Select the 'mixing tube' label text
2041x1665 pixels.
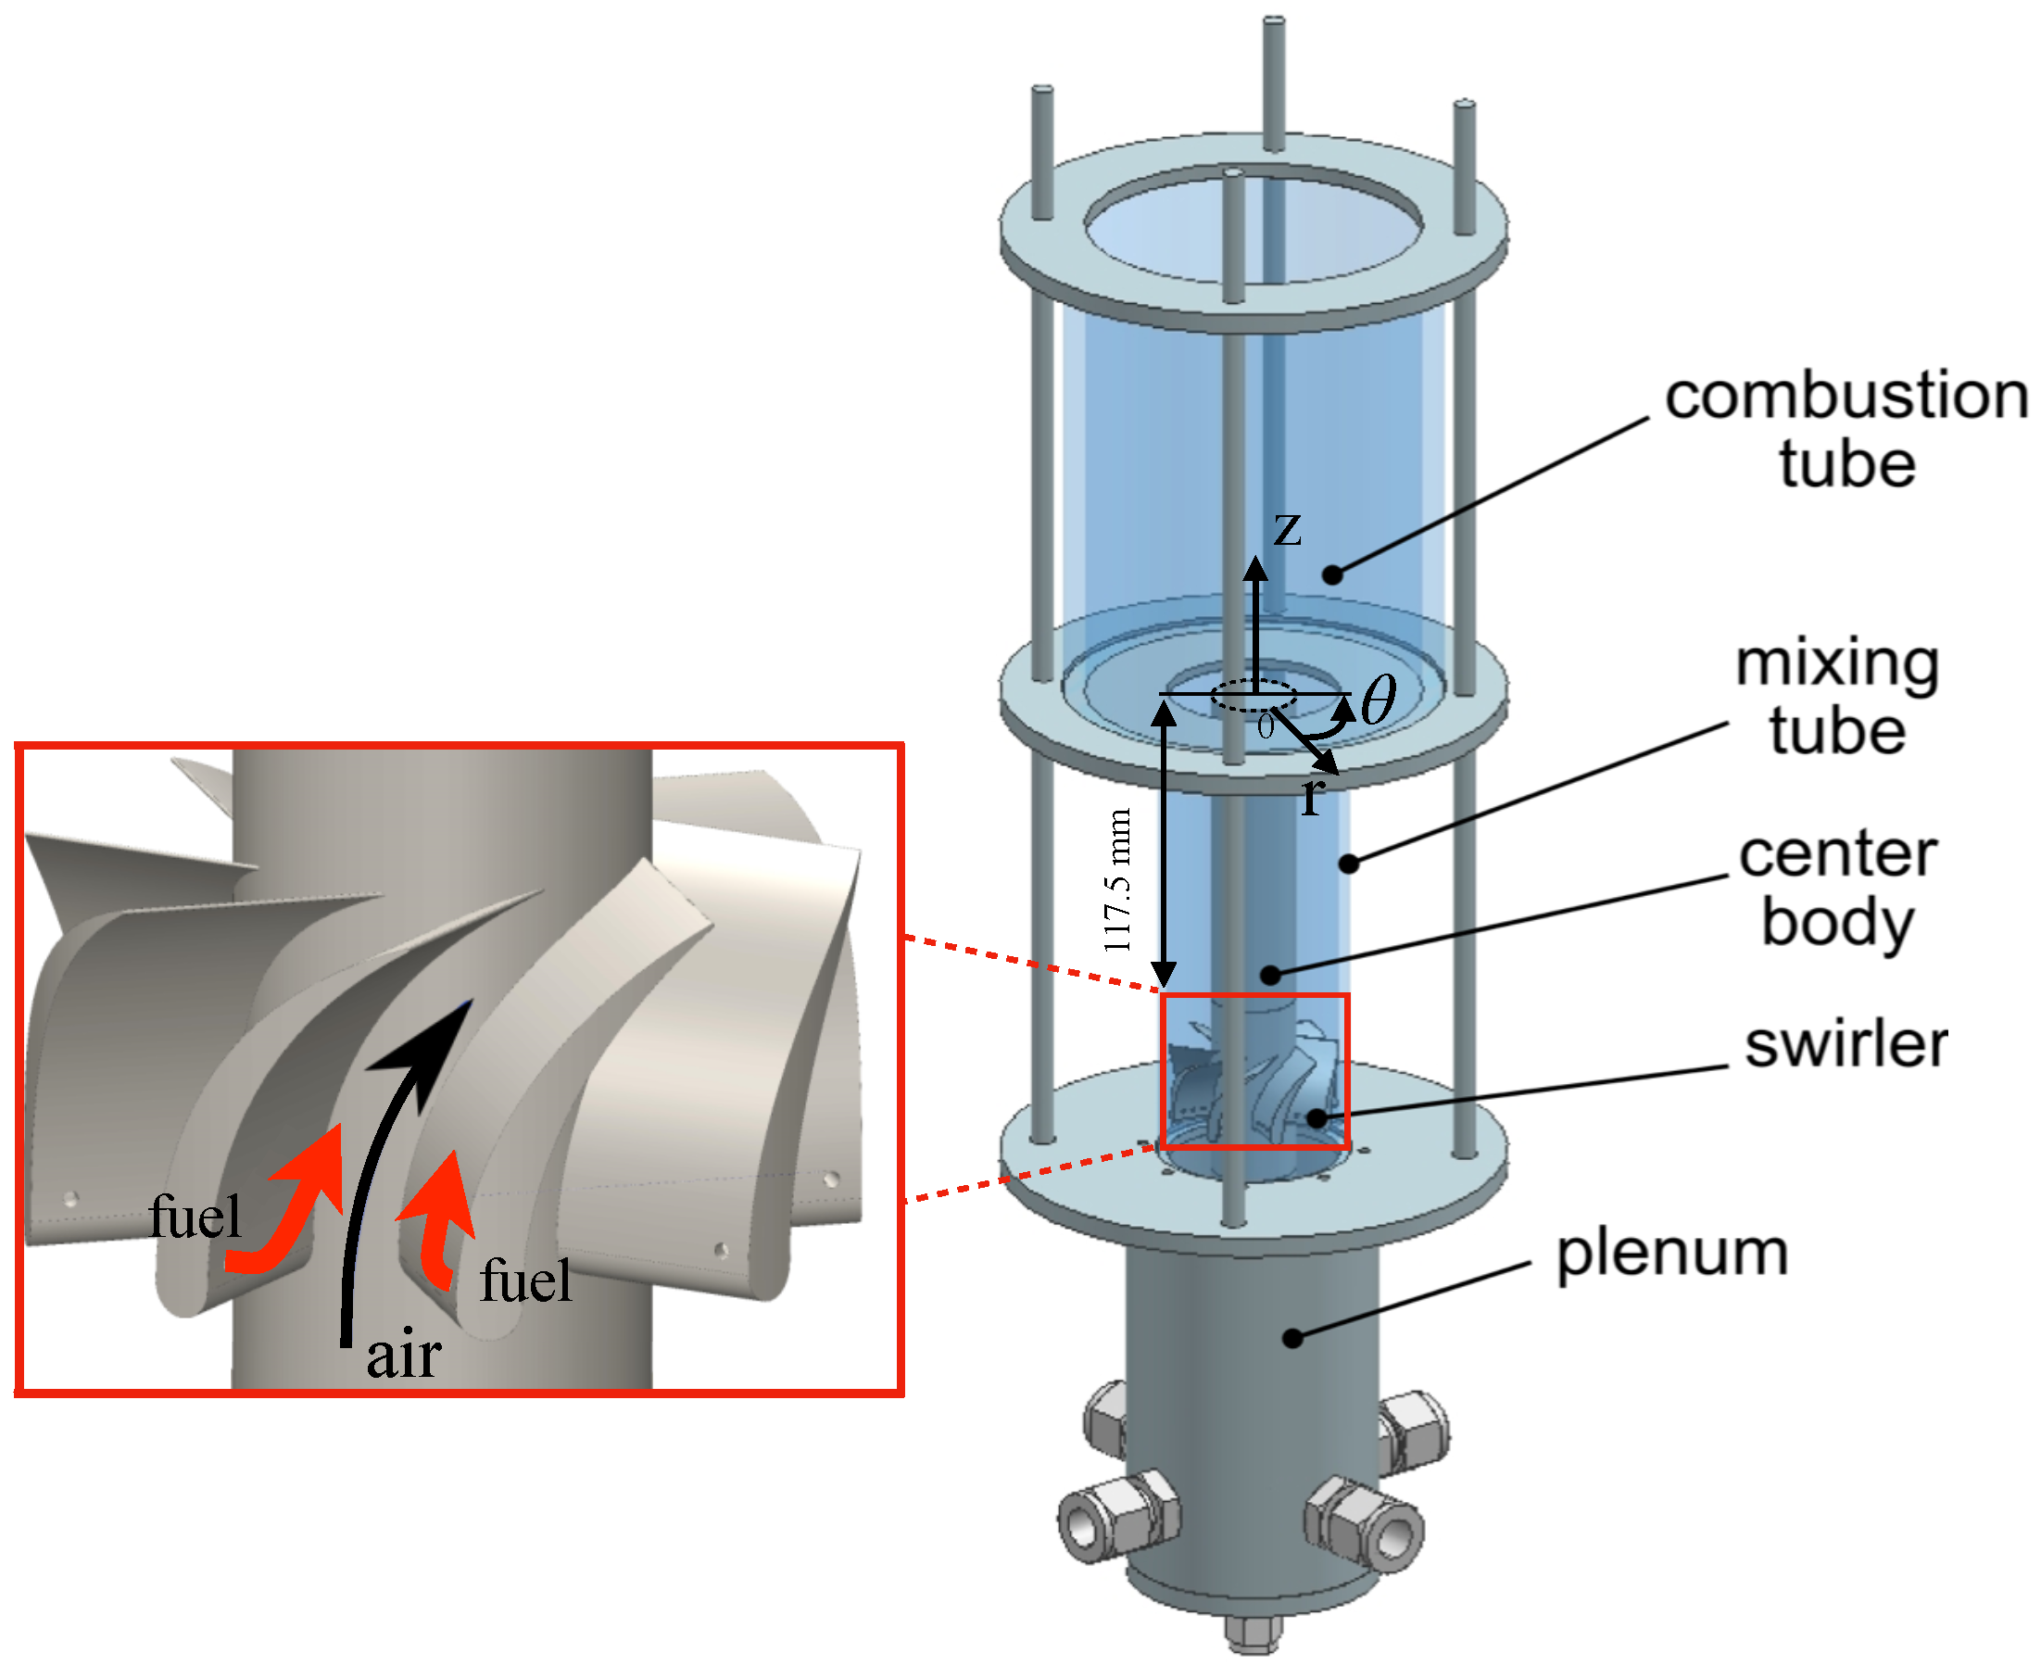(x=1836, y=698)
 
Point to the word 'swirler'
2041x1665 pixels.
(x=1846, y=1044)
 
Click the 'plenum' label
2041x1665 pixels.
(x=1671, y=1254)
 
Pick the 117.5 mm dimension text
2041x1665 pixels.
(x=1118, y=881)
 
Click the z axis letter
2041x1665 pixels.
(x=1287, y=528)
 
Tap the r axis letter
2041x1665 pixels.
(x=1312, y=796)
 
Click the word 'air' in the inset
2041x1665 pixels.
(x=404, y=1356)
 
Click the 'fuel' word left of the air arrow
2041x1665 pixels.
(x=195, y=1218)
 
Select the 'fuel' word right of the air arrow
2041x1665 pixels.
(x=525, y=1281)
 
